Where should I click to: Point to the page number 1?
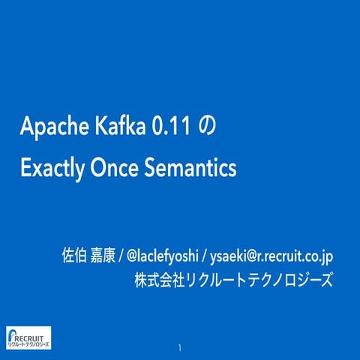180,348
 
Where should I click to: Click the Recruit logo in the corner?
28,338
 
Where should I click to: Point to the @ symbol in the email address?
254,256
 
